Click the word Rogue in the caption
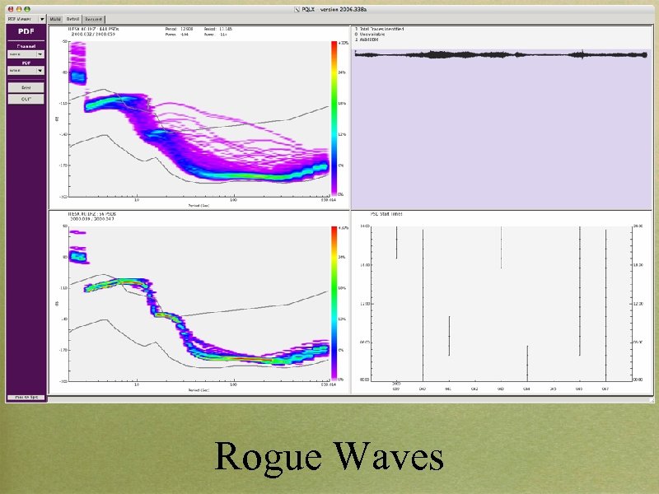(269, 458)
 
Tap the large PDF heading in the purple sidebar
(26, 32)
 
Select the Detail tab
(73, 18)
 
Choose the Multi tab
(55, 18)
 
